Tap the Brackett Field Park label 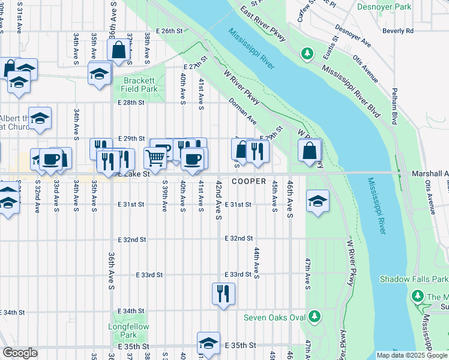tap(140, 85)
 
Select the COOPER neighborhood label tap(249, 181)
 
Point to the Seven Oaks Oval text tap(274, 317)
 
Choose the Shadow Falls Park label tap(414, 279)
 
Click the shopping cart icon tap(155, 158)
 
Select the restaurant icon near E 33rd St tap(223, 293)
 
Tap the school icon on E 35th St tap(208, 344)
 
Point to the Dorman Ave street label tap(243, 112)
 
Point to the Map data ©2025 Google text tap(412, 355)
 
